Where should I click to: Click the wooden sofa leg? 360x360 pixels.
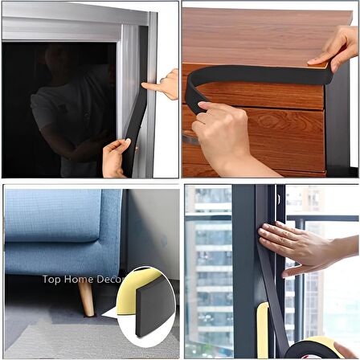[x=87, y=300]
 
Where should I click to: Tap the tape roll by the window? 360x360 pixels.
[x=313, y=349]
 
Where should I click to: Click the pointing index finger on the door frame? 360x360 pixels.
[x=153, y=88]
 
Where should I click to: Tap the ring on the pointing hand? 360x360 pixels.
[x=162, y=80]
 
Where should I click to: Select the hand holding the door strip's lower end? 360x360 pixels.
[x=115, y=158]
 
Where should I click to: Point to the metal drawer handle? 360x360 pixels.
[x=191, y=138]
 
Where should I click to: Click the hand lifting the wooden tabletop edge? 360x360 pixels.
[x=336, y=48]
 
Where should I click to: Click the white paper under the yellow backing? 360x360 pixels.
[x=110, y=313]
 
